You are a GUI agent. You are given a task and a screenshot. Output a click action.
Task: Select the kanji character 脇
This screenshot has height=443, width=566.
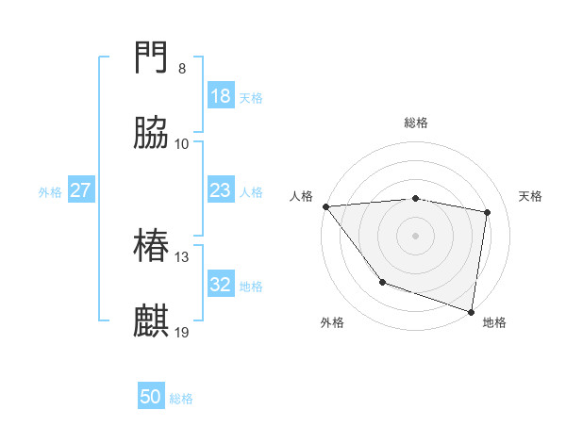pyautogui.click(x=152, y=134)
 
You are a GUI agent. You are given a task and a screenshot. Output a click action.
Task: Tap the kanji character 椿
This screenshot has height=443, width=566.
pyautogui.click(x=152, y=247)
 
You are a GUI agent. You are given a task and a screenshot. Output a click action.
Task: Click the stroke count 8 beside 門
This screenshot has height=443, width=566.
pyautogui.click(x=182, y=69)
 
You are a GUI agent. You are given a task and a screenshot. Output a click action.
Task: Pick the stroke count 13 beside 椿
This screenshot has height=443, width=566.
pyautogui.click(x=182, y=257)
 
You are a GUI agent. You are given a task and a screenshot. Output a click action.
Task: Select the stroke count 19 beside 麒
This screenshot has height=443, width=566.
pyautogui.click(x=182, y=332)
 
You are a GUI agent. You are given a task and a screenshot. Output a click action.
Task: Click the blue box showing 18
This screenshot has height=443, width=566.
pyautogui.click(x=220, y=96)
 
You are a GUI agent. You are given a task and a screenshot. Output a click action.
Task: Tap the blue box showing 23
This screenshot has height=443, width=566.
pyautogui.click(x=220, y=190)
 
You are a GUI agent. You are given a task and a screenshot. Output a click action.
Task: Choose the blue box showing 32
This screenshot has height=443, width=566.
pyautogui.click(x=220, y=285)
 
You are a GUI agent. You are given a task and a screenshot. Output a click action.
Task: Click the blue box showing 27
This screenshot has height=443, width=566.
pyautogui.click(x=80, y=190)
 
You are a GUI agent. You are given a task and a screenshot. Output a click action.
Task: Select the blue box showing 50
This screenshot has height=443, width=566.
pyautogui.click(x=151, y=397)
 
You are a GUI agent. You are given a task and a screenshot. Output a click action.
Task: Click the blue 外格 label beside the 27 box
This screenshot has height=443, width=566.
pyautogui.click(x=50, y=191)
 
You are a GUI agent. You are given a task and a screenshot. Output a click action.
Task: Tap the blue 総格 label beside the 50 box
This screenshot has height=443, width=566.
pyautogui.click(x=181, y=398)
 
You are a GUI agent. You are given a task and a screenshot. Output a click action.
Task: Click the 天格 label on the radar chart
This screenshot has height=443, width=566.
pyautogui.click(x=530, y=196)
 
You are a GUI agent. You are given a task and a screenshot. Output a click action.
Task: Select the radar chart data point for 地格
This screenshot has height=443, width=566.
pyautogui.click(x=472, y=311)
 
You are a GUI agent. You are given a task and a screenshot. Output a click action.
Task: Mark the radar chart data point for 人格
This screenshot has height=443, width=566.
pyautogui.click(x=325, y=206)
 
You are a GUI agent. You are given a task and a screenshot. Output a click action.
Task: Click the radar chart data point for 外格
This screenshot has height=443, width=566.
pyautogui.click(x=382, y=281)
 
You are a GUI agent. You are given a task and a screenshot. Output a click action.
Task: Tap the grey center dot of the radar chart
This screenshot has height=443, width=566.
pyautogui.click(x=415, y=236)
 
